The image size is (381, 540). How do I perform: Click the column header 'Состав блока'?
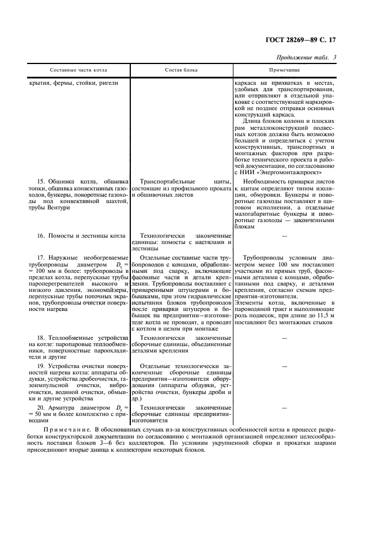181,70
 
